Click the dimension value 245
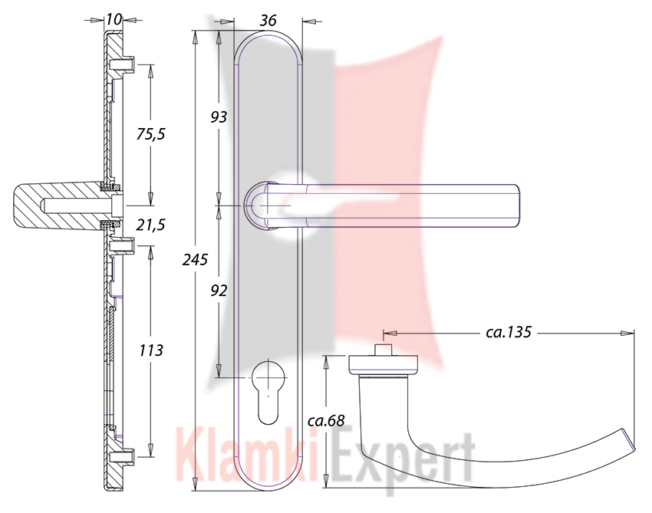click(x=195, y=260)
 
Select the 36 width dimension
click(x=268, y=21)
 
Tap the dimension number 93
click(x=219, y=117)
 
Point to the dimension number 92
click(x=219, y=291)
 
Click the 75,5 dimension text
click(x=150, y=134)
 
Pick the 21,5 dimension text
click(x=150, y=225)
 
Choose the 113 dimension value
click(x=151, y=350)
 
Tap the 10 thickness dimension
click(x=113, y=19)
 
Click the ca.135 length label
click(x=509, y=332)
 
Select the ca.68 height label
click(x=326, y=421)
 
